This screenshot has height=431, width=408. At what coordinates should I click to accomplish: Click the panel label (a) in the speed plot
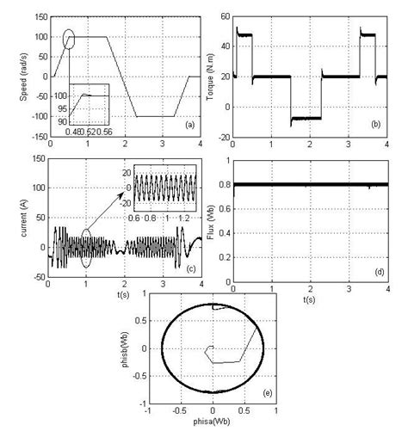click(189, 126)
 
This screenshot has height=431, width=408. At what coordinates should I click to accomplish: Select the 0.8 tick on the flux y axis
click(223, 184)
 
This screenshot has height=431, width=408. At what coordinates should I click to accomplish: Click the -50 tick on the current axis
click(36, 278)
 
